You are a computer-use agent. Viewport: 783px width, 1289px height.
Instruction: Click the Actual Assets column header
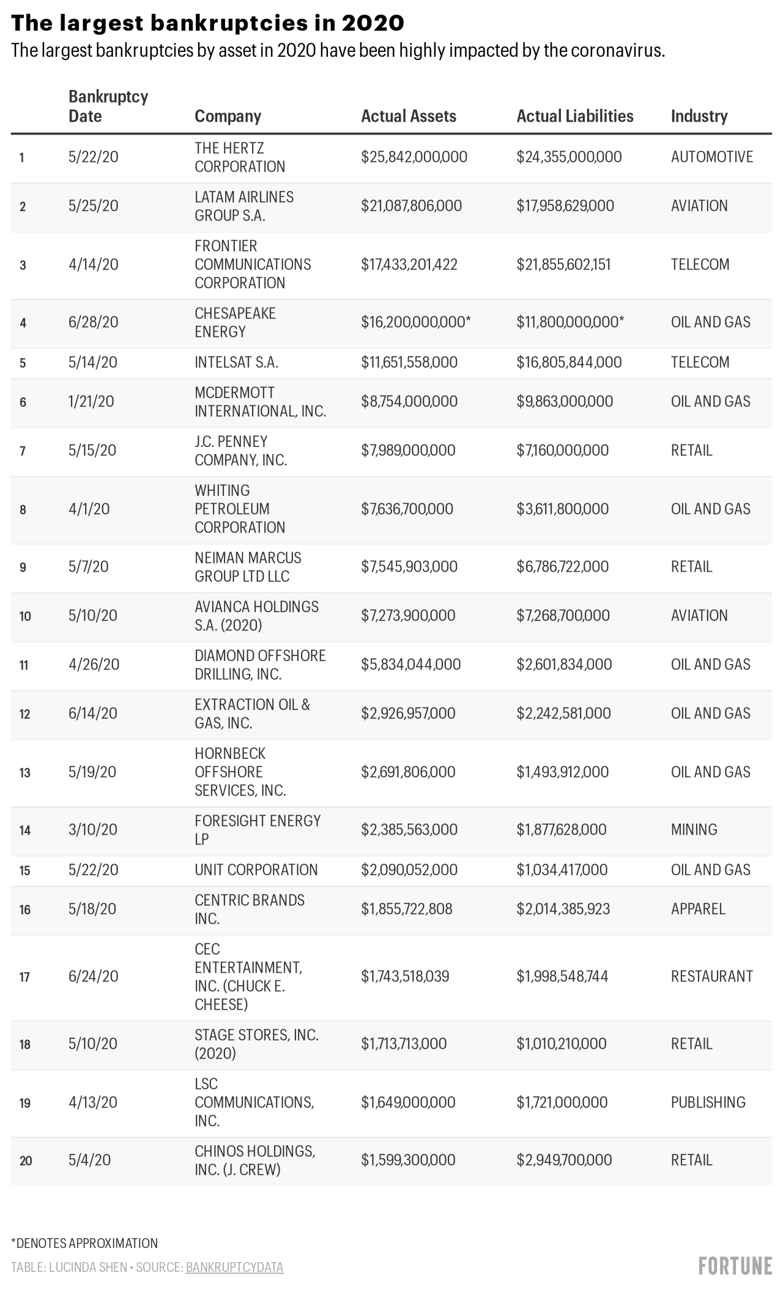tap(408, 116)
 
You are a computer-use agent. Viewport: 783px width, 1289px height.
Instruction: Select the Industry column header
tap(699, 116)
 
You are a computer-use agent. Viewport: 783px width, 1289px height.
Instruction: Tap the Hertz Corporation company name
tap(239, 157)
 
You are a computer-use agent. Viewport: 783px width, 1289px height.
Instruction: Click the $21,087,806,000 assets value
tap(411, 206)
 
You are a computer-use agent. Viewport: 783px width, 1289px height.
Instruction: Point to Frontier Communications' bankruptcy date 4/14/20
tap(93, 265)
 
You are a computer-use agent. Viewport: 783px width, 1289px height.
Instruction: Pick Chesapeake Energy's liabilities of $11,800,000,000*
tap(570, 322)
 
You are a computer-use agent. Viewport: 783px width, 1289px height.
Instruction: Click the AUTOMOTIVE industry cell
tap(711, 157)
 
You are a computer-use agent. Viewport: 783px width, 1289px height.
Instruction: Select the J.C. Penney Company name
tap(240, 451)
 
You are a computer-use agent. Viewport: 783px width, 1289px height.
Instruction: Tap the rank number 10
tap(25, 616)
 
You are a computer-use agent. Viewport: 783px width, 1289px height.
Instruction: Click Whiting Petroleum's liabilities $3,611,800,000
tap(562, 509)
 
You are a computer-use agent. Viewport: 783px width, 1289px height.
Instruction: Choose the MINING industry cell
tap(694, 830)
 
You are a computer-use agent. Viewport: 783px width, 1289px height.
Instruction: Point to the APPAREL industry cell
tap(697, 909)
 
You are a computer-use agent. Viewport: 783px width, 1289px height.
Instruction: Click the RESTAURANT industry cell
tap(711, 977)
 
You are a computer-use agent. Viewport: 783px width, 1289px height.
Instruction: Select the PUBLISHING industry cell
tap(708, 1102)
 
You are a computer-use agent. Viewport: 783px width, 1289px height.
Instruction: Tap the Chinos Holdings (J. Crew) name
tap(254, 1160)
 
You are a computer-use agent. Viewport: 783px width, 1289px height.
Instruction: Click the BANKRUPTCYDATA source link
tap(234, 1268)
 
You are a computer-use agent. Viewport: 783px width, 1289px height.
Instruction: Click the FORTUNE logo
tap(735, 1266)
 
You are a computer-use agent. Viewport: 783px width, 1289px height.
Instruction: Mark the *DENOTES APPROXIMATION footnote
tap(84, 1243)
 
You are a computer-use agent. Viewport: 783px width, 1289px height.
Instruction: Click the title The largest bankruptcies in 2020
tap(207, 23)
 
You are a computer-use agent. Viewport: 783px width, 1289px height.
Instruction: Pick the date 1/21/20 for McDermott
tap(91, 402)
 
